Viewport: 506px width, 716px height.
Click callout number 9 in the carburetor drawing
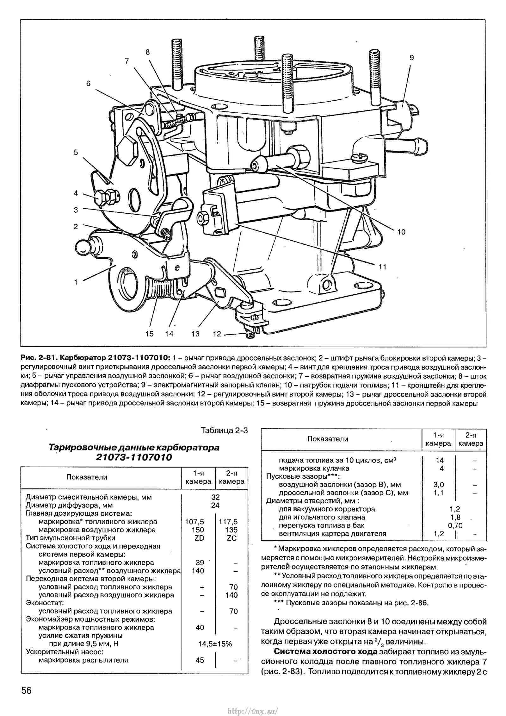(x=411, y=58)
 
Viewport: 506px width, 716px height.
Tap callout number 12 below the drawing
(x=217, y=334)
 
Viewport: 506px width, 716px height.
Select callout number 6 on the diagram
(x=88, y=83)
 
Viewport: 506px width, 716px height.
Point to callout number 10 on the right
(x=401, y=232)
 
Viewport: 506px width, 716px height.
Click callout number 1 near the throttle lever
(x=76, y=282)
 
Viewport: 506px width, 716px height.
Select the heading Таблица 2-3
(x=224, y=430)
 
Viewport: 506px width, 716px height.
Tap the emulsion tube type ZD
(x=199, y=538)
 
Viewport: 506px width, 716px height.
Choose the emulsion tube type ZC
(x=231, y=538)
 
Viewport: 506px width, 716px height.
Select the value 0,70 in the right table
(x=455, y=526)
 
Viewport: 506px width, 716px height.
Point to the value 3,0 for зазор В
(x=439, y=485)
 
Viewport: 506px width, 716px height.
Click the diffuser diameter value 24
(x=215, y=505)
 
